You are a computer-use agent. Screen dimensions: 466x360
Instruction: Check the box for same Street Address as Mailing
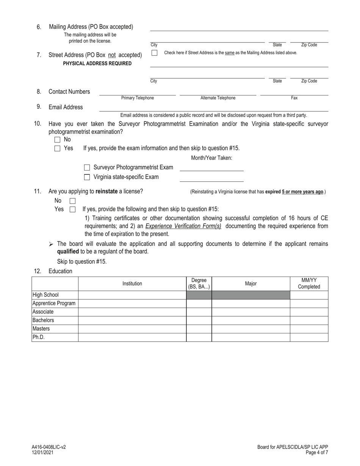(154, 53)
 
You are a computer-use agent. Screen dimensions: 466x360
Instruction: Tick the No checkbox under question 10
(57, 140)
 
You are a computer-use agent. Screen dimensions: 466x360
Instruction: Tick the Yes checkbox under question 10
(57, 149)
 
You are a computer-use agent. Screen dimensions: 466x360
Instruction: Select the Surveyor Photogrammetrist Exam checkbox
(87, 167)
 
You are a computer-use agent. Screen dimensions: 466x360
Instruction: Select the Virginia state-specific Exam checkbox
(87, 177)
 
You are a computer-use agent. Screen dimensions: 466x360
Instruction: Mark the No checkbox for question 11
(73, 201)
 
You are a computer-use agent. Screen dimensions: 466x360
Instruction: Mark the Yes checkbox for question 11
(73, 209)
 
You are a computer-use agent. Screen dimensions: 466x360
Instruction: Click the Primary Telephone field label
(138, 98)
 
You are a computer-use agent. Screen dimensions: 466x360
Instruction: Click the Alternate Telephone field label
(218, 98)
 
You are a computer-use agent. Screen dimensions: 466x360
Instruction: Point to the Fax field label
(294, 98)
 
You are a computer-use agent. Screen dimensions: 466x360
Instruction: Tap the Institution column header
(132, 283)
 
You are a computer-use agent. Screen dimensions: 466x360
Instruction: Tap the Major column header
(251, 283)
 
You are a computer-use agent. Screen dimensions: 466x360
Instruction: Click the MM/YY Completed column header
(309, 283)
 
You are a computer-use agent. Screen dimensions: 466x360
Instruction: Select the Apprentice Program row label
(54, 303)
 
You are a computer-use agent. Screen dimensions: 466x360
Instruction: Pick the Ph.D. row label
(39, 337)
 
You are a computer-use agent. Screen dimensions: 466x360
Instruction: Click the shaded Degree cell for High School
(199, 295)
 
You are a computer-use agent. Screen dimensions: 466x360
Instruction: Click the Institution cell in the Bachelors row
(132, 320)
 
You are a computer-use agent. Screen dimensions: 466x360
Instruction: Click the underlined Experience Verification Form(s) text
(183, 226)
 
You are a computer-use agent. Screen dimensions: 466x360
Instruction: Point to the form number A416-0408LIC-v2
(49, 447)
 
